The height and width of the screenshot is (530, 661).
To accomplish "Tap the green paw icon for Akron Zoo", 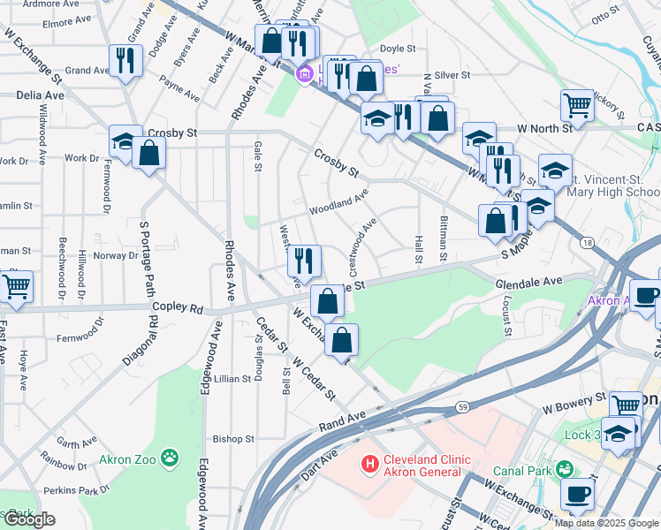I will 170,458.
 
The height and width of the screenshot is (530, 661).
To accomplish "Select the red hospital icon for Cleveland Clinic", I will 369,461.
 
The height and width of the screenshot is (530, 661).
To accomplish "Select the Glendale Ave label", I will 529,282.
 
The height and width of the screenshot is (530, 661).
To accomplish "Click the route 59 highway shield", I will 463,406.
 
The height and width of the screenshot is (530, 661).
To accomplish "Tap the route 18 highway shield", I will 586,242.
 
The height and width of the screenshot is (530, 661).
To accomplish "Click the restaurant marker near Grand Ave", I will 125,60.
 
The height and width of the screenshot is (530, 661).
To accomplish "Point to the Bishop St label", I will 233,438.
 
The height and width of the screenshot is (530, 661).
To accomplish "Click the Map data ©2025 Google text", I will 606,522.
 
